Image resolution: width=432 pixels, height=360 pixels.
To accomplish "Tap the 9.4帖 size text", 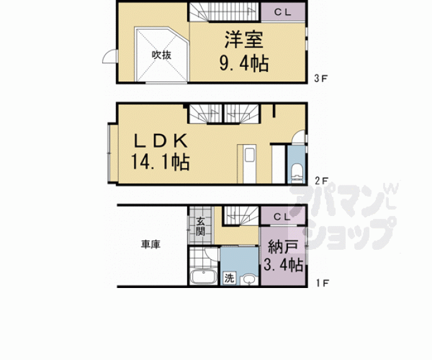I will tap(244, 63).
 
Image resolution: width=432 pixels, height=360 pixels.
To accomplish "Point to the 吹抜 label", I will tap(161, 54).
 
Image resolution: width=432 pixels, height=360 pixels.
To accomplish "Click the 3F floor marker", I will tap(321, 79).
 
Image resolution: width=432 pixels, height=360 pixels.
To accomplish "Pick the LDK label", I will tap(159, 140).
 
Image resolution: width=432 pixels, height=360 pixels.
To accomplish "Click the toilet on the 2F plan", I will tap(297, 173).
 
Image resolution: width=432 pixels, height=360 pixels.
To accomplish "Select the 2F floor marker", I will tap(321, 181).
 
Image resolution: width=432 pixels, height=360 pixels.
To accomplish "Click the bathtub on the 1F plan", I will tap(203, 276).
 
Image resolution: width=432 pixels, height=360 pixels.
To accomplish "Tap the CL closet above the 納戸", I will tap(281, 217).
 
